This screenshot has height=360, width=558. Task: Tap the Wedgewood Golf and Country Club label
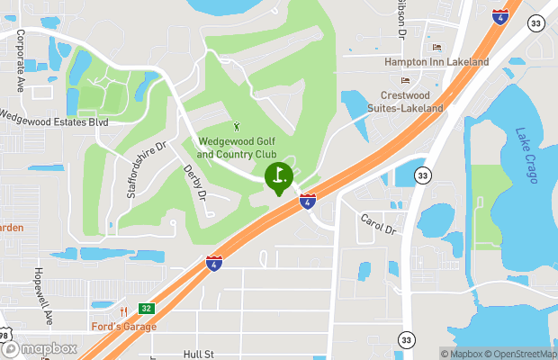tap(236, 148)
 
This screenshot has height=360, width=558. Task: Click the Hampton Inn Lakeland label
tap(436, 62)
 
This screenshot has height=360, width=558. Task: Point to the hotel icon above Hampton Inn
tap(437, 47)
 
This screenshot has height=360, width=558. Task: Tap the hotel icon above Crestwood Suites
tap(405, 80)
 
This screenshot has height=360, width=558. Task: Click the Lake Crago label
tap(526, 156)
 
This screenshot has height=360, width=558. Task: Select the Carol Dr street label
tap(378, 224)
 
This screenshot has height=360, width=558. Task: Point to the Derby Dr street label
tap(195, 183)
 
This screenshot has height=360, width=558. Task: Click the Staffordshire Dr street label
tap(147, 170)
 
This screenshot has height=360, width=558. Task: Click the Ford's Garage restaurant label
tap(123, 326)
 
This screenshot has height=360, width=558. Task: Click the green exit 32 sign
tap(147, 309)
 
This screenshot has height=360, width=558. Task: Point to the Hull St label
tap(197, 355)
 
